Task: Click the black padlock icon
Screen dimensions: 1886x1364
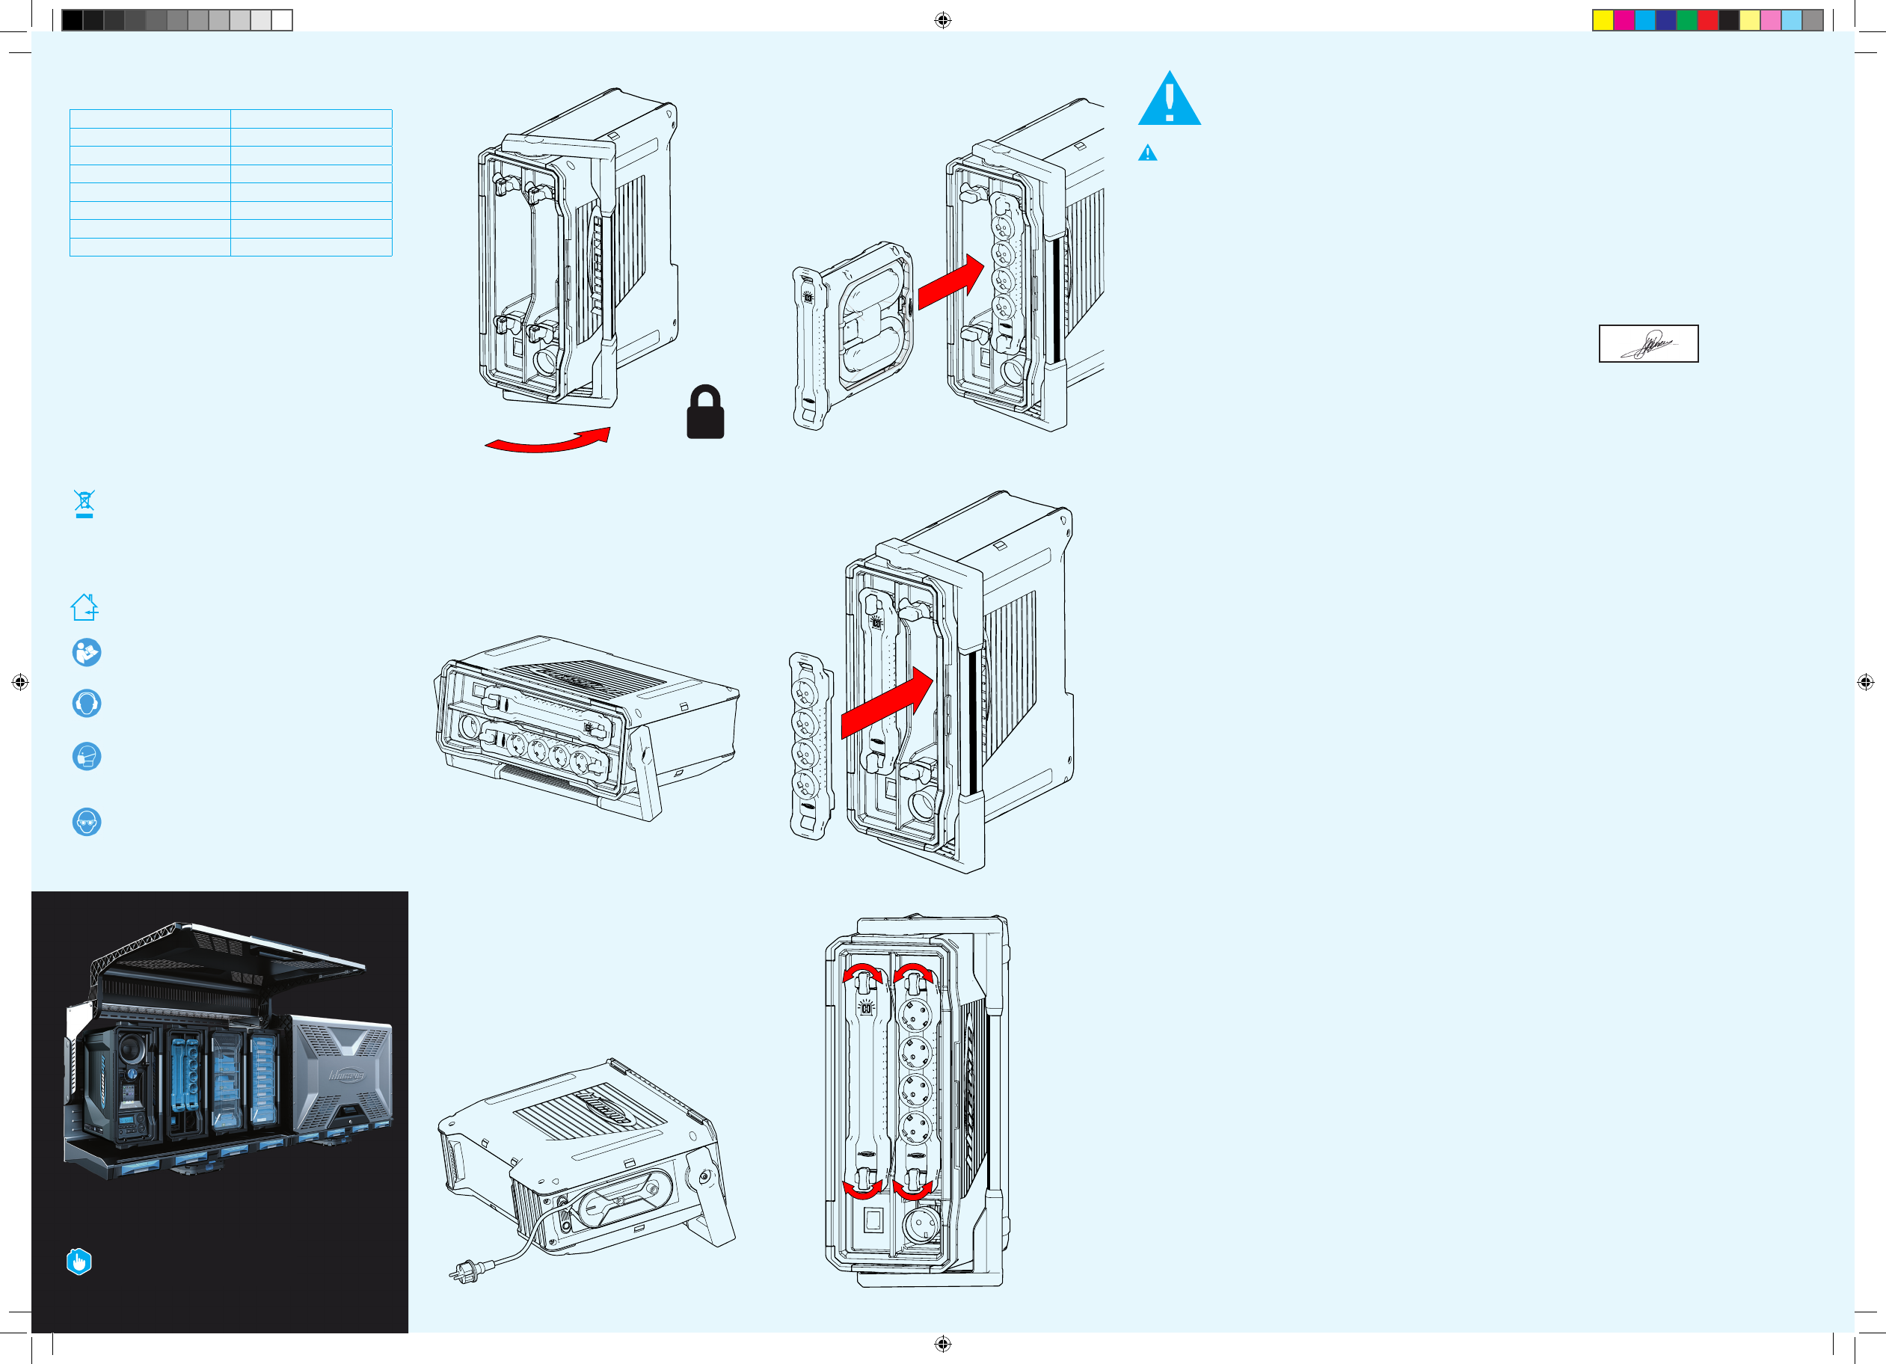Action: (705, 414)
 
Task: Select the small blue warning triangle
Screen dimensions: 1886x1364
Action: (1148, 153)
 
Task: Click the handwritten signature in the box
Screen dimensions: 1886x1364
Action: (1648, 343)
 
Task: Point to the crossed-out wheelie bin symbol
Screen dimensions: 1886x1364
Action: (84, 503)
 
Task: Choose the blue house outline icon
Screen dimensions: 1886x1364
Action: (85, 607)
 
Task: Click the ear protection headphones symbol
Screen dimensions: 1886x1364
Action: (87, 704)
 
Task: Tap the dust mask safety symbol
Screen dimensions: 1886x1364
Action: (87, 756)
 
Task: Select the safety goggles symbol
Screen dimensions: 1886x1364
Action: (87, 822)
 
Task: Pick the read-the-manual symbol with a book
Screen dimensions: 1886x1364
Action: (87, 652)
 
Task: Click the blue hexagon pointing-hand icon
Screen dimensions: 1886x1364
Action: (79, 1261)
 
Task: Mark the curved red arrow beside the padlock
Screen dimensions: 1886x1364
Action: (549, 440)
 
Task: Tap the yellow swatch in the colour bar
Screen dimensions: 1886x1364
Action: (1603, 20)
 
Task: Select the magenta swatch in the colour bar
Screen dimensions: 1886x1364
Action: (1624, 20)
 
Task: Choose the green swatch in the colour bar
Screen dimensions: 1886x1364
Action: (1686, 20)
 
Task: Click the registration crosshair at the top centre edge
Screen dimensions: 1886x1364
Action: (942, 20)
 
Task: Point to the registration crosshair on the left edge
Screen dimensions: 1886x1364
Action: (20, 682)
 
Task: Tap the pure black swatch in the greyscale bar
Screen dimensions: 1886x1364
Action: (73, 20)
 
